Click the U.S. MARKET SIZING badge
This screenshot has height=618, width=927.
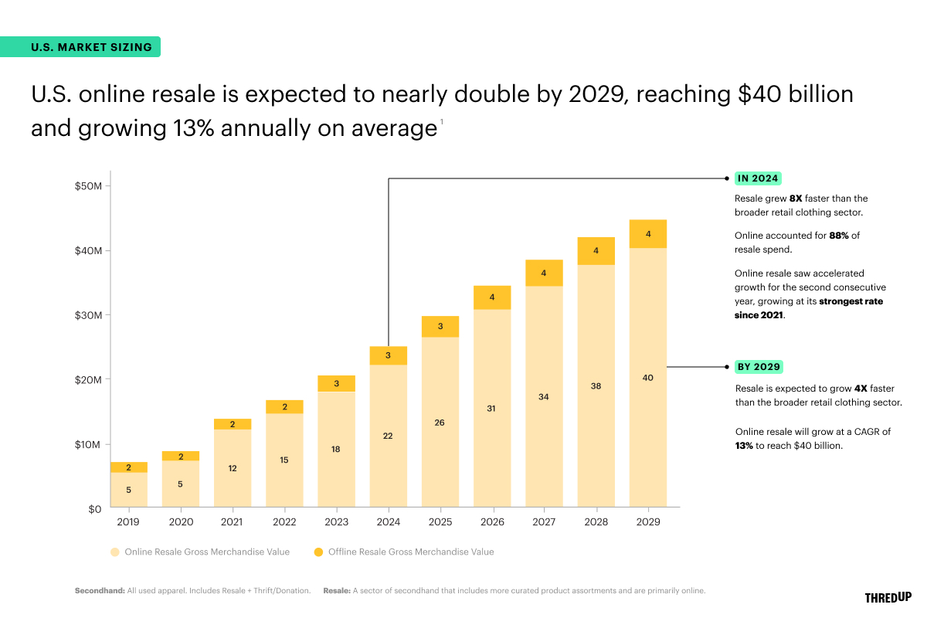click(92, 47)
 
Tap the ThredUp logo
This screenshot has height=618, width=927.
click(888, 597)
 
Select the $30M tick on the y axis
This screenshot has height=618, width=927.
click(87, 315)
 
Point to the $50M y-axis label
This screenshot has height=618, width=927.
click(87, 186)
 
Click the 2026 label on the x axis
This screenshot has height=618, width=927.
click(491, 522)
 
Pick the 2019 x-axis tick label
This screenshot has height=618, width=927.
click(128, 522)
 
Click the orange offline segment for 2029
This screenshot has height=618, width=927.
click(648, 234)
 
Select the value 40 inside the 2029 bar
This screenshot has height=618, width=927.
click(648, 378)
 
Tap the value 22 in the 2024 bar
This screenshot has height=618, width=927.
click(388, 436)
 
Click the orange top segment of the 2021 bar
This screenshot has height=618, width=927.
click(233, 424)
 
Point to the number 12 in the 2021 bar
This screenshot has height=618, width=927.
click(233, 468)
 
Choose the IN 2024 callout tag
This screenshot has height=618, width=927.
click(757, 178)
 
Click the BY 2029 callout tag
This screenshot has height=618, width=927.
click(758, 367)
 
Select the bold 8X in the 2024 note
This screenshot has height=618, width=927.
click(796, 199)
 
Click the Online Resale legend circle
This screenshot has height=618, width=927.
click(114, 552)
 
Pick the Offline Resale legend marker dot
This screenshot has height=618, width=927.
click(318, 552)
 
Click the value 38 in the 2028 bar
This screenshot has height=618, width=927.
click(596, 385)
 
